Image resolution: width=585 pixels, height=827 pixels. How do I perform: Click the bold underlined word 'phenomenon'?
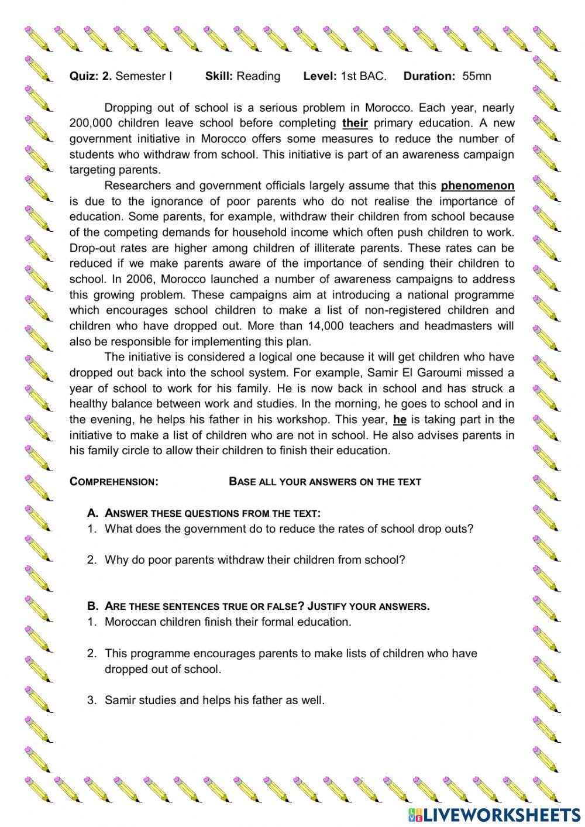coord(477,186)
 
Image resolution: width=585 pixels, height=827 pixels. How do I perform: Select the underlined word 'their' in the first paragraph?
coord(355,123)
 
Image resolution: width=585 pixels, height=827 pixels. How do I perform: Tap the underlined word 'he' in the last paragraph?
coord(400,420)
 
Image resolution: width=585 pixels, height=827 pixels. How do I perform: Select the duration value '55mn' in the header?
coord(477,76)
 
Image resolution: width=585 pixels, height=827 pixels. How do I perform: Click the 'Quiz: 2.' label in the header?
coord(91,76)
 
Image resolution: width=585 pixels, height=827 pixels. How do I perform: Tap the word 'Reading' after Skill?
coord(258,76)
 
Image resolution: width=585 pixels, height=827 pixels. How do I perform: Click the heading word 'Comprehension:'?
coord(113,482)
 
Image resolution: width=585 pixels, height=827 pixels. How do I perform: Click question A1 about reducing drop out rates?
coord(288,529)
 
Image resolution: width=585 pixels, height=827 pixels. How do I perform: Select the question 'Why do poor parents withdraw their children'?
coord(254,560)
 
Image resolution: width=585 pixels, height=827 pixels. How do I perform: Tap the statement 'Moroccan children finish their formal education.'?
coord(228,622)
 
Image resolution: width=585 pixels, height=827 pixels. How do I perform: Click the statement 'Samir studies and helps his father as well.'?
coord(214,700)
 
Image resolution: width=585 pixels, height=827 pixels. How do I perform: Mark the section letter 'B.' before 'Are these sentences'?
coord(92,606)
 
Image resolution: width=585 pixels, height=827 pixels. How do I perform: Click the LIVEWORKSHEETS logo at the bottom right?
coord(494,814)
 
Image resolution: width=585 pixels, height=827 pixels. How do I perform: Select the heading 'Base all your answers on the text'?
coord(325,482)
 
